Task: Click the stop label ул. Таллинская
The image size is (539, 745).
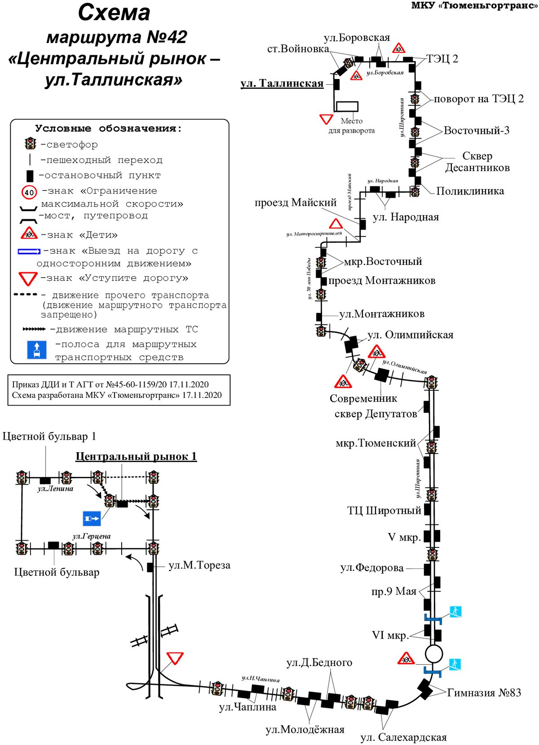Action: (282, 83)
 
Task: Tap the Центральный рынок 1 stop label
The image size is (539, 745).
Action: (136, 456)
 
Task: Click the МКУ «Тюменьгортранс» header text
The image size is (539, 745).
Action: (475, 6)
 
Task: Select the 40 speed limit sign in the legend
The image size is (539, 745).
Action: (29, 192)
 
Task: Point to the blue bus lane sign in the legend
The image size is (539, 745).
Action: (36, 350)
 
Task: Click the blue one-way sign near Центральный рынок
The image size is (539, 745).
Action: (92, 519)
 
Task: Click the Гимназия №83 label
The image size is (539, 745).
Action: (484, 693)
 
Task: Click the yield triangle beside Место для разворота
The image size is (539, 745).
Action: (326, 119)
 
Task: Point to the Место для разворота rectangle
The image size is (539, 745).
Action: (347, 106)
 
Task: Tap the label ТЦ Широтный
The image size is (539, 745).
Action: (384, 511)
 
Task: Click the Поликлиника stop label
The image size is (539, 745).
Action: (470, 191)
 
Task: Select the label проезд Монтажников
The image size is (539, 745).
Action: (382, 280)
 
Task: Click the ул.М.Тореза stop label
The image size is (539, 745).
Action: (199, 565)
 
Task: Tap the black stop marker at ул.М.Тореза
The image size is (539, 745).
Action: (150, 567)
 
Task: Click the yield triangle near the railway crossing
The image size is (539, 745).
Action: (175, 658)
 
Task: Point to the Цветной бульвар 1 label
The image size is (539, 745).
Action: (49, 436)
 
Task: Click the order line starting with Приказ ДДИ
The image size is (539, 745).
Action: (110, 384)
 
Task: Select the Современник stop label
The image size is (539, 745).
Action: (363, 398)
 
